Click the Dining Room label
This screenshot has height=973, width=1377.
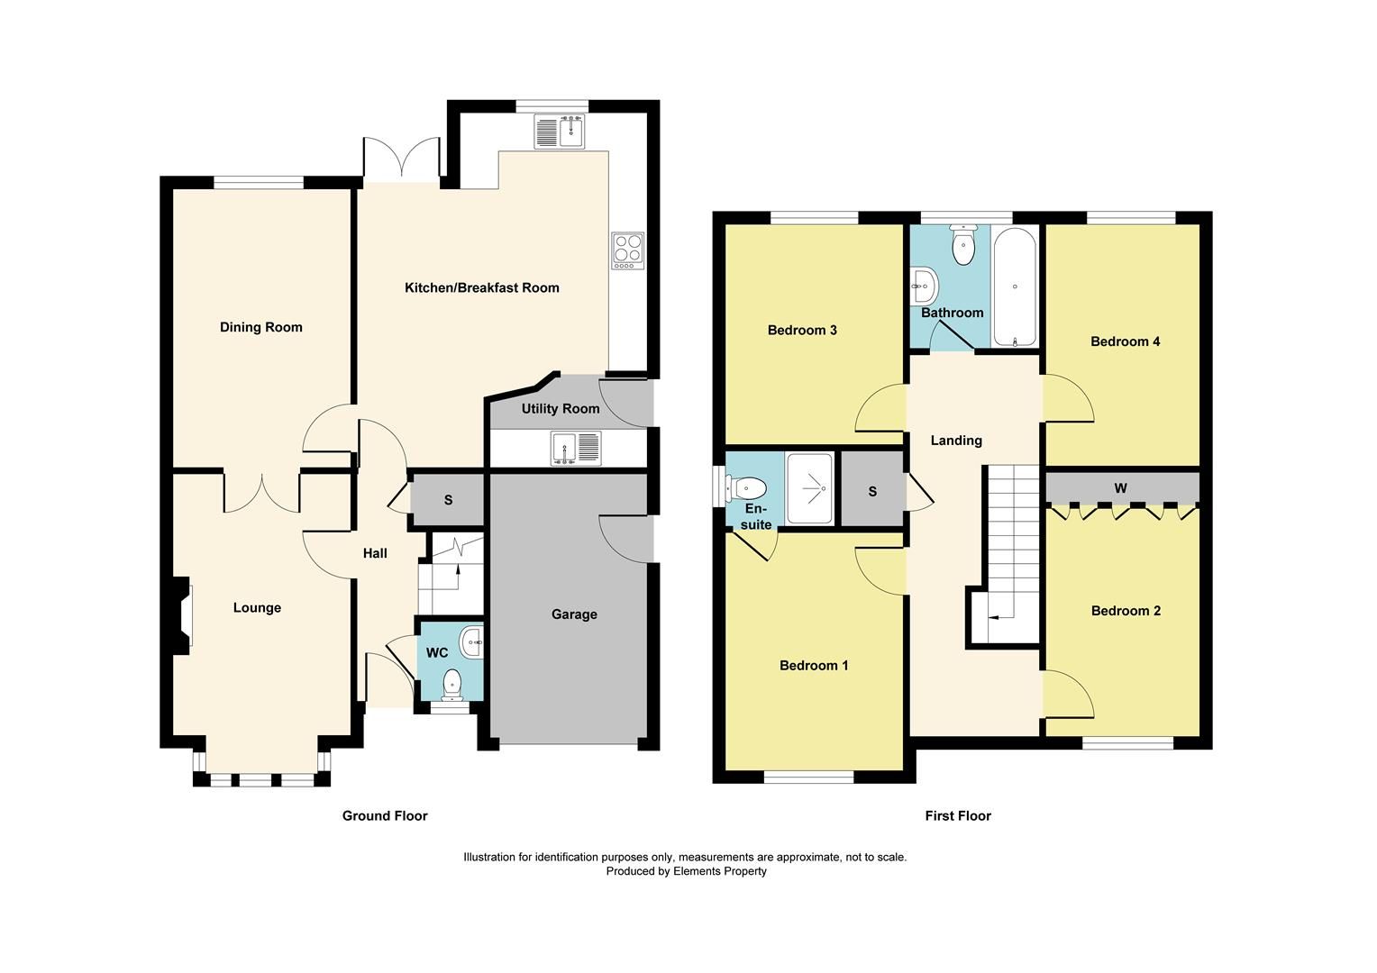tap(260, 327)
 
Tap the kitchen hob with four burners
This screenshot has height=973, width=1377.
tap(627, 250)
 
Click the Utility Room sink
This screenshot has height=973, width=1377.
tap(576, 448)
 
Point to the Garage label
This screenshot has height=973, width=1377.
tap(574, 614)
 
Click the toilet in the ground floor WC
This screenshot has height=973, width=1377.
tap(451, 685)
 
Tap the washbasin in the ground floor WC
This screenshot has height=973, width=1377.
tap(471, 643)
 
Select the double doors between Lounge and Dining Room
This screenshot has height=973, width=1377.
tap(261, 491)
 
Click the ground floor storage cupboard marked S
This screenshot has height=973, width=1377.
tap(448, 500)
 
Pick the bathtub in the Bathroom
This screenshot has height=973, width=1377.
tap(1015, 286)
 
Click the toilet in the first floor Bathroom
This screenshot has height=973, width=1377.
tap(963, 247)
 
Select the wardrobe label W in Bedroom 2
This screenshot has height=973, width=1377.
tap(1120, 488)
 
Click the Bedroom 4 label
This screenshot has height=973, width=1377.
tap(1125, 341)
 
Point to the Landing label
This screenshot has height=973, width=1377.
tap(955, 441)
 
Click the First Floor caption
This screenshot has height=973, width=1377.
tap(957, 816)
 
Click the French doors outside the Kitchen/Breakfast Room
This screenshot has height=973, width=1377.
tap(402, 160)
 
